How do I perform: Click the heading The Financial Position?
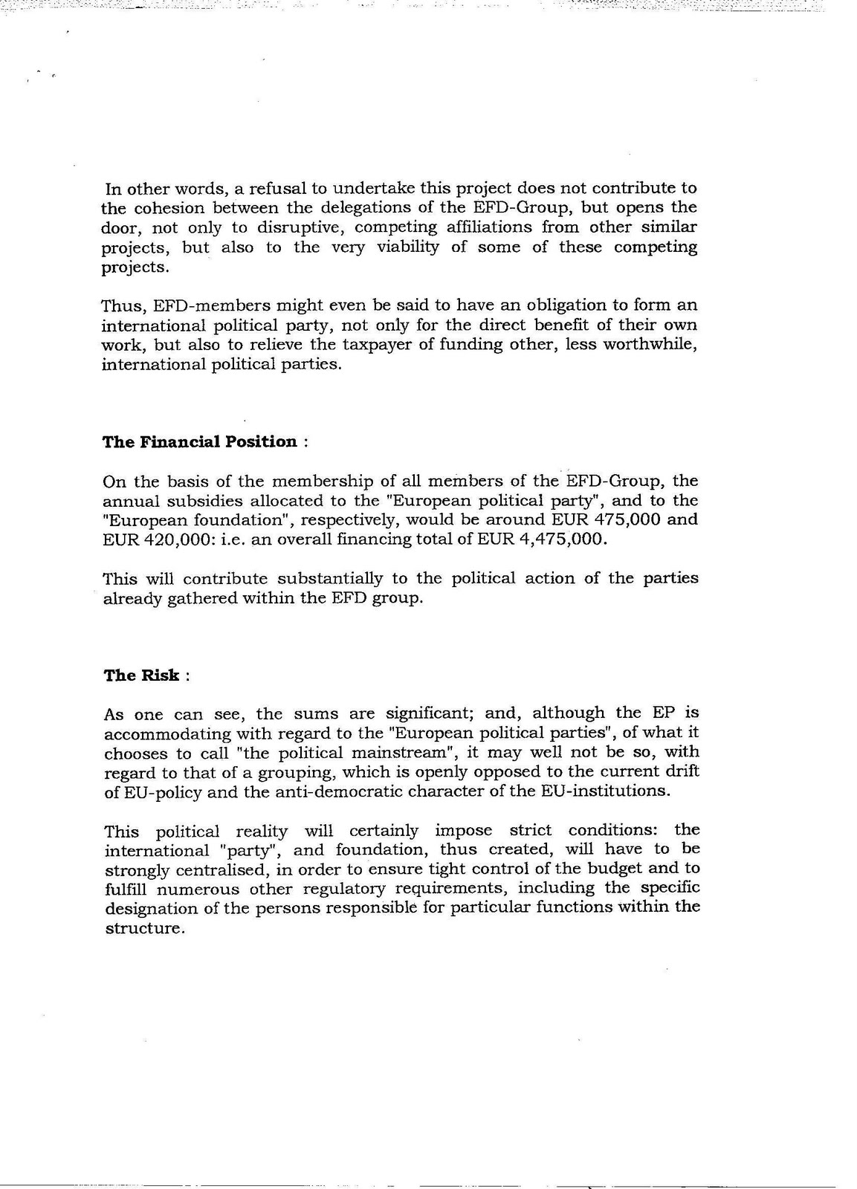[199, 442]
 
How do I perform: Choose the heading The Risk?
[141, 676]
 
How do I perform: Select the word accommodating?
[157, 734]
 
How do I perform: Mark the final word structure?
[143, 929]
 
